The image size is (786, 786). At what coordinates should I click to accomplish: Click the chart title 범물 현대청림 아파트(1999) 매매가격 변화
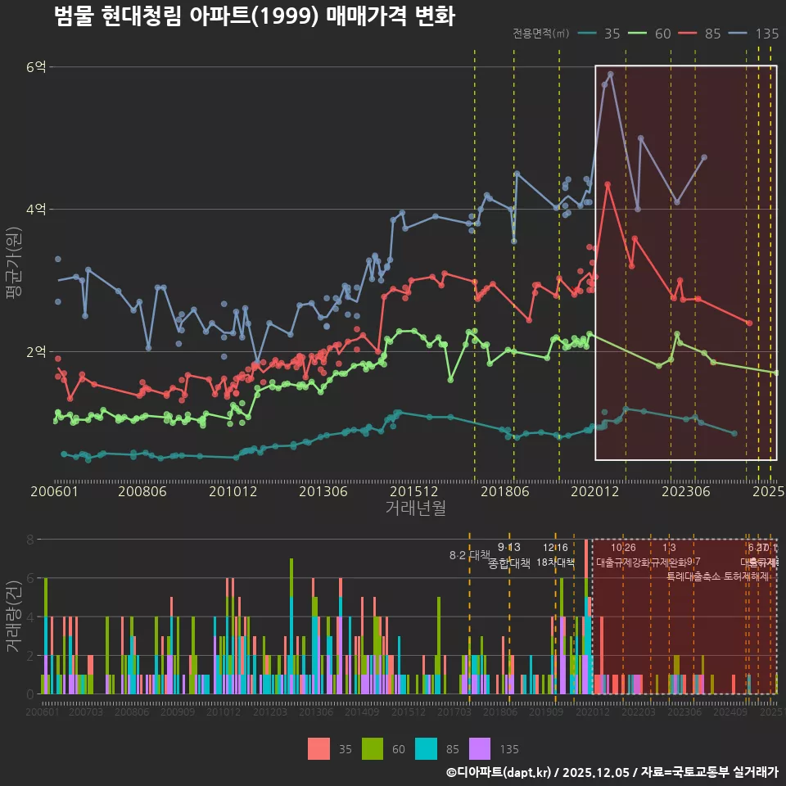[x=254, y=16]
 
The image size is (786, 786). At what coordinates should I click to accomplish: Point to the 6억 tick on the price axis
[x=36, y=66]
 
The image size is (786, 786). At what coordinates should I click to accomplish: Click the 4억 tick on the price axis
[x=36, y=209]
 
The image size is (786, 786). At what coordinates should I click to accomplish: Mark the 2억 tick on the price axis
[x=36, y=351]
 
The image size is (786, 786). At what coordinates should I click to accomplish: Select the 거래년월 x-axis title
[x=415, y=508]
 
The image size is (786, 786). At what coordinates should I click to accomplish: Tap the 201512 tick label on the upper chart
[x=413, y=491]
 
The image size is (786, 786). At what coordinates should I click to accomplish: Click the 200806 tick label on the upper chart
[x=142, y=491]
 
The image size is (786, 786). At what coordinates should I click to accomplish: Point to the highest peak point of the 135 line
[x=611, y=74]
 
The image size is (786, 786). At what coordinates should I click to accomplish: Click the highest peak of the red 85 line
[x=608, y=184]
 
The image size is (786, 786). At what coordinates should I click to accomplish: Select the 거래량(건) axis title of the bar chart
[x=13, y=617]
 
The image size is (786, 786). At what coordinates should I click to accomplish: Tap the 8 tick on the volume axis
[x=30, y=540]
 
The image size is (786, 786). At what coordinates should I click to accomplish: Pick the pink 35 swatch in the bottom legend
[x=319, y=748]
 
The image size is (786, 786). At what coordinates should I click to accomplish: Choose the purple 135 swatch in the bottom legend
[x=480, y=748]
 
